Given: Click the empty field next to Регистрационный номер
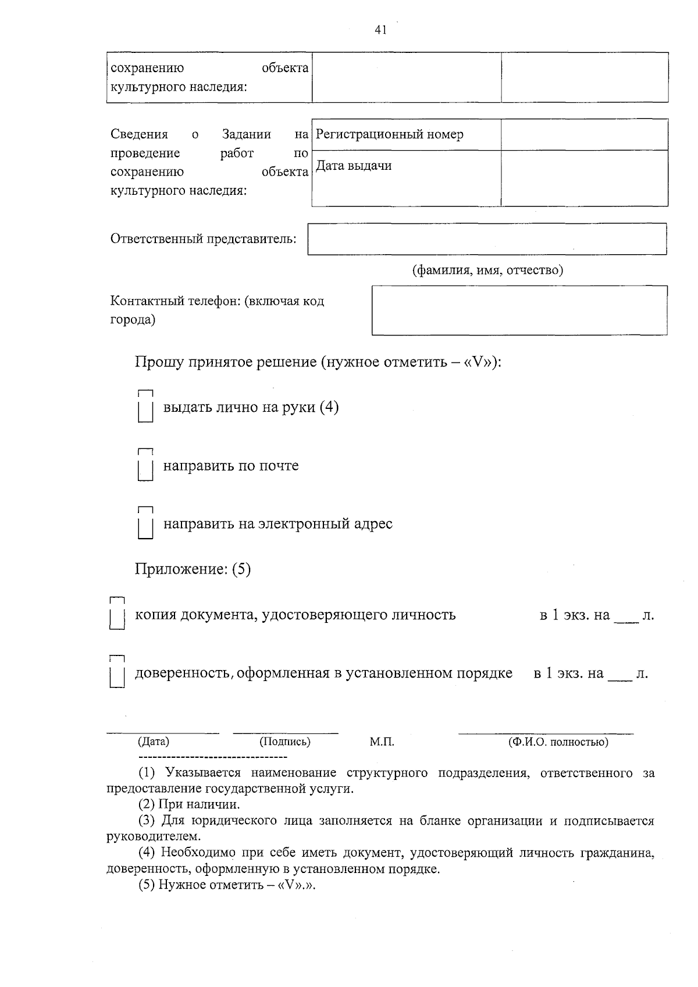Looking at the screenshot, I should [x=584, y=135].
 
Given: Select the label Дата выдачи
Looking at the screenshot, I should [x=354, y=166].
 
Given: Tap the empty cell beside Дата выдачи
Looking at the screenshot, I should [x=584, y=178].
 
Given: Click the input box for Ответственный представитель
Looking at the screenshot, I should [x=487, y=239].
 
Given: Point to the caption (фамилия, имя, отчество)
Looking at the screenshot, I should [x=487, y=270].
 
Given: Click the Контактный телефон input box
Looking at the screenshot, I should [x=519, y=310].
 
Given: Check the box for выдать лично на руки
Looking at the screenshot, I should [x=145, y=407].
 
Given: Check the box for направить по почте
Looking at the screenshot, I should [x=145, y=466].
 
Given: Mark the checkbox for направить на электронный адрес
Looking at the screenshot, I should [x=145, y=524].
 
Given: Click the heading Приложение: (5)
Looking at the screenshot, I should [x=193, y=569].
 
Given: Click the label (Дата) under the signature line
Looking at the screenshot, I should [x=154, y=742].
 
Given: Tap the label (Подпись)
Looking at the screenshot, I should [x=285, y=742].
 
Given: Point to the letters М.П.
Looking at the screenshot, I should [x=382, y=742].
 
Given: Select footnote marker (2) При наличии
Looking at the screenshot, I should [x=147, y=805].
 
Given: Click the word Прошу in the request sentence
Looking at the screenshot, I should [x=158, y=362].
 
